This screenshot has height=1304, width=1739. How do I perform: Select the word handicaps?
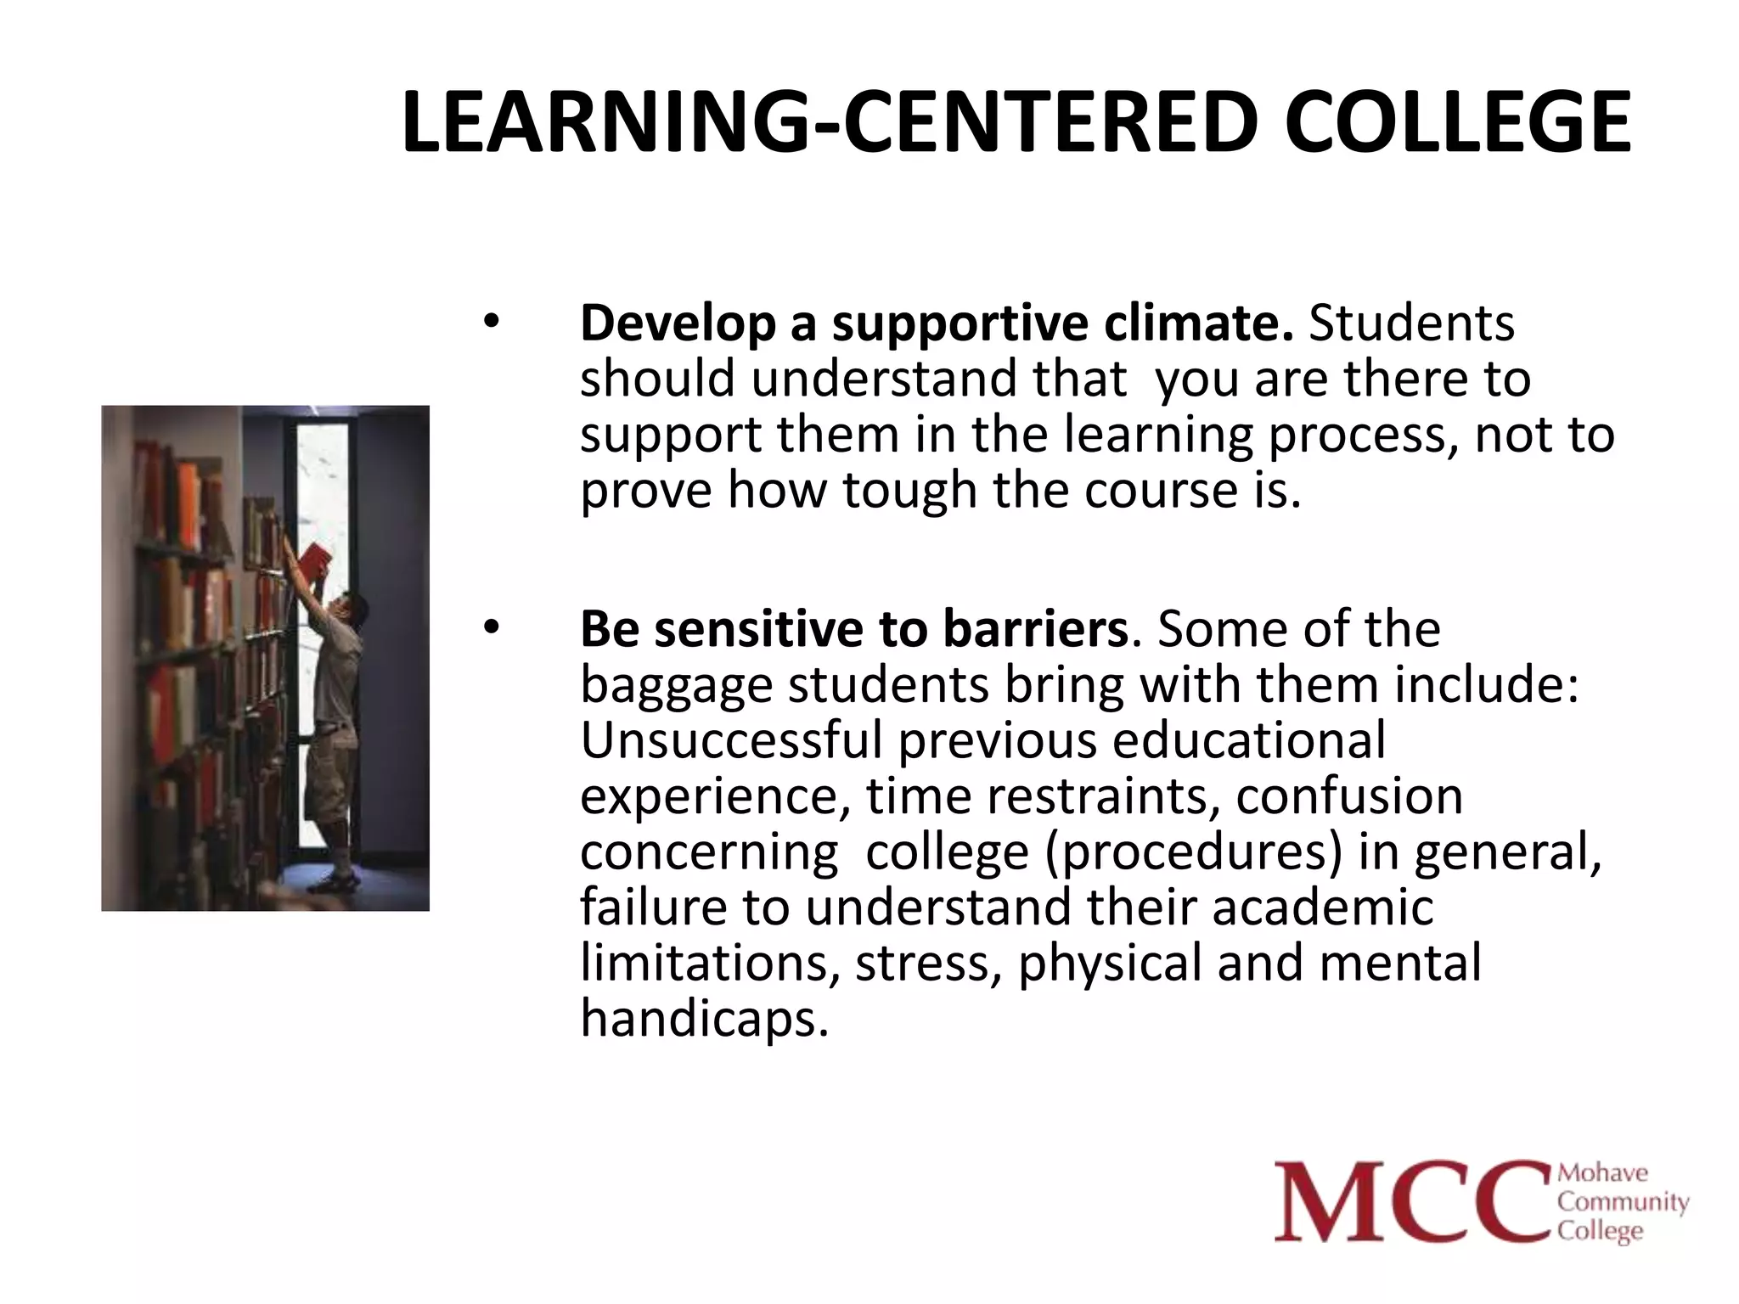pos(703,1018)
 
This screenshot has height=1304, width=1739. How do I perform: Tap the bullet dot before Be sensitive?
pos(492,628)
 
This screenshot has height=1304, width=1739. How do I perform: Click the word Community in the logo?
pos(1623,1203)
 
